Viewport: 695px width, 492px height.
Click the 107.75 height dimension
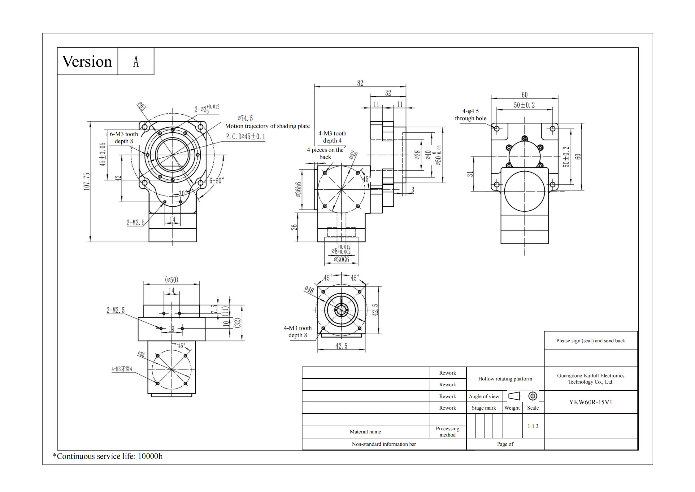87,182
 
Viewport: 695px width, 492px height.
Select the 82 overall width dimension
360,83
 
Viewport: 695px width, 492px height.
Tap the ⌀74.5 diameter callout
245,118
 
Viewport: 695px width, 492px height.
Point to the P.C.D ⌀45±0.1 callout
245,137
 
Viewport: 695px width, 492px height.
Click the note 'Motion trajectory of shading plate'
267,126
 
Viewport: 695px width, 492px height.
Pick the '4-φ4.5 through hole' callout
471,115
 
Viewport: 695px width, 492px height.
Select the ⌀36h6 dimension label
298,189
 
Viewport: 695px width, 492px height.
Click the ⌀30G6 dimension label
341,260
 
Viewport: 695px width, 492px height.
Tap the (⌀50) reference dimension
172,280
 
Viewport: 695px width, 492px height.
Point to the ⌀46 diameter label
309,290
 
